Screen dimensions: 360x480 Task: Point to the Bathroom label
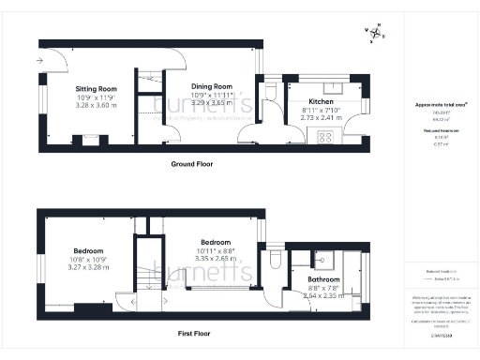325,278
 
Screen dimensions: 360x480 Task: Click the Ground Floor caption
191,164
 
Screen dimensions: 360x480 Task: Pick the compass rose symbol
375,35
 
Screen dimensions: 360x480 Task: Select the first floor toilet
273,259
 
